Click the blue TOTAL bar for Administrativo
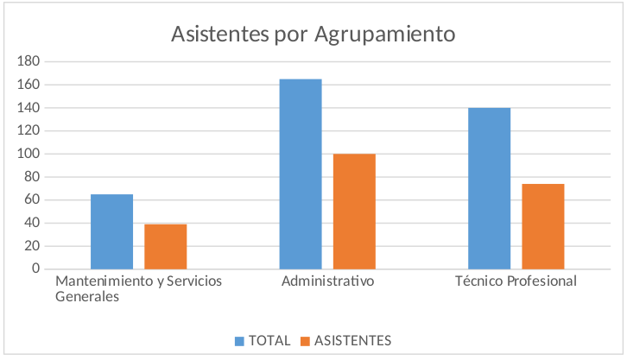pos(301,174)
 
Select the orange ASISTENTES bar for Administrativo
pos(354,211)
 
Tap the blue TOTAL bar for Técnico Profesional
pos(489,188)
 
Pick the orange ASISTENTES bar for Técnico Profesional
pos(542,226)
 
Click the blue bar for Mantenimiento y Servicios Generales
pos(112,231)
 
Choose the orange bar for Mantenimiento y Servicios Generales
pos(166,246)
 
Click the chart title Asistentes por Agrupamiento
pos(313,35)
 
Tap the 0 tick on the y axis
pos(36,268)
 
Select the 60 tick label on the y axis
pos(33,199)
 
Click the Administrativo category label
pos(327,282)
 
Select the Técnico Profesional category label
pos(516,282)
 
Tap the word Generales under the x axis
pos(87,297)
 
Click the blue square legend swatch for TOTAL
pos(239,340)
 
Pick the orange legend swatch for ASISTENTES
pos(305,340)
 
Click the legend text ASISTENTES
pos(352,340)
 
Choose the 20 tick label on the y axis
pos(33,246)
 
